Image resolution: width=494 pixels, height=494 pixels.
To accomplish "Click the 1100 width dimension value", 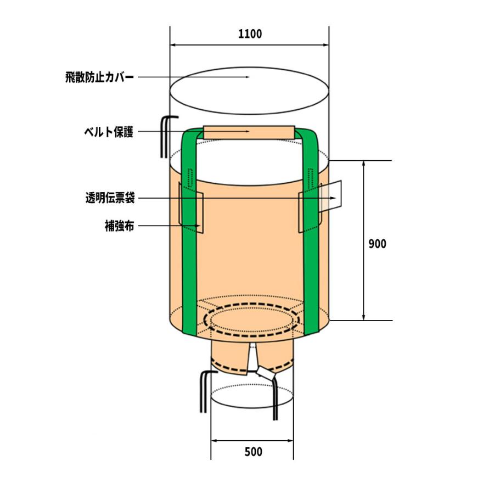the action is point(250,33).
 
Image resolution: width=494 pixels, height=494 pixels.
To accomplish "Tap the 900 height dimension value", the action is point(377,244).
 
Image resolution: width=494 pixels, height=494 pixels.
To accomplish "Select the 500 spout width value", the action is point(253,452).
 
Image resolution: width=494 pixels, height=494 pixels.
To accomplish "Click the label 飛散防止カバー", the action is point(99,77).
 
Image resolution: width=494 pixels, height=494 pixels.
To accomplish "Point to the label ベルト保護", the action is point(109,132).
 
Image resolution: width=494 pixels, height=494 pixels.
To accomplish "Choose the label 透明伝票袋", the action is point(110,198).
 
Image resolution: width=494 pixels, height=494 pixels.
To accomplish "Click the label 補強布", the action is point(120,226).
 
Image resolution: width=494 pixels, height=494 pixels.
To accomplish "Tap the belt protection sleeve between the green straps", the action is point(249,133).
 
